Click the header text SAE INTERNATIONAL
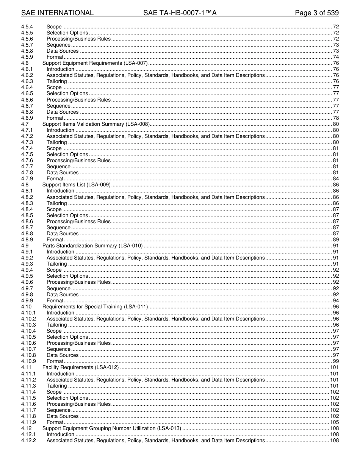click(x=57, y=13)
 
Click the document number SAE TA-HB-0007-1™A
click(x=180, y=13)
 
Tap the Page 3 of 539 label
click(x=317, y=13)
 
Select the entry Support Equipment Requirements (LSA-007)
click(x=95, y=63)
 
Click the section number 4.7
click(x=25, y=124)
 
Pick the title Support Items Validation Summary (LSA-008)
click(x=96, y=124)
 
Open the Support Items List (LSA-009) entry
click(x=76, y=185)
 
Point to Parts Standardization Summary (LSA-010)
click(x=92, y=246)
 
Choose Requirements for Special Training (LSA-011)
click(x=95, y=306)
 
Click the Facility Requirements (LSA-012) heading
click(x=80, y=367)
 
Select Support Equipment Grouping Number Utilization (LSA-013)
click(x=112, y=428)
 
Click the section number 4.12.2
click(x=28, y=440)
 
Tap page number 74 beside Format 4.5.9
click(x=336, y=57)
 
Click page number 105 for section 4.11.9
click(x=334, y=422)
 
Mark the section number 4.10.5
click(x=28, y=337)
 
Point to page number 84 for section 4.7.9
click(x=336, y=179)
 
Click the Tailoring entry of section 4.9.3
click(x=56, y=264)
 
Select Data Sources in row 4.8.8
click(x=63, y=234)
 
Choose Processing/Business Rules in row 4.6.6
click(x=78, y=100)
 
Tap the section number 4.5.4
click(x=27, y=27)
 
